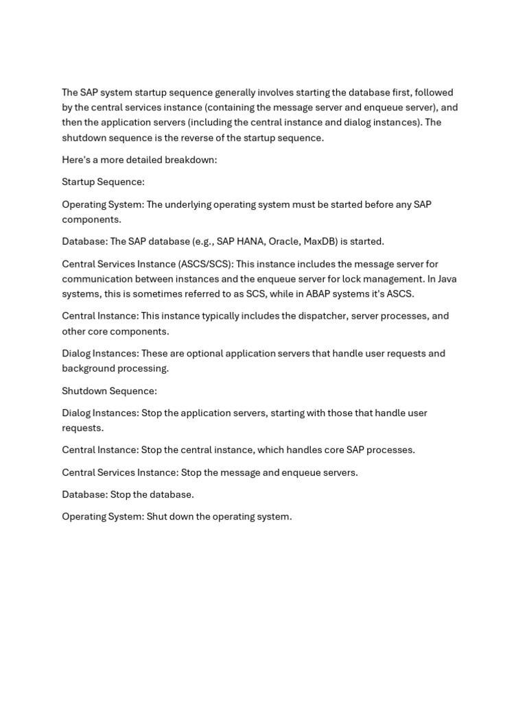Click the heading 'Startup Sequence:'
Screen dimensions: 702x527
pyautogui.click(x=103, y=182)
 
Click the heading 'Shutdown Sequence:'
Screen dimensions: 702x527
pyautogui.click(x=109, y=391)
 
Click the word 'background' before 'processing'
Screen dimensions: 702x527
pyautogui.click(x=89, y=368)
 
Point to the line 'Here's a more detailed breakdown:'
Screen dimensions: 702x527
pyautogui.click(x=139, y=160)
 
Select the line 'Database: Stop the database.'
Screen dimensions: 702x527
pyautogui.click(x=128, y=494)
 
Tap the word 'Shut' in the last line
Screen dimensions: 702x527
pyautogui.click(x=157, y=516)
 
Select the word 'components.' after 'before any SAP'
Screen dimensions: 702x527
pyautogui.click(x=91, y=219)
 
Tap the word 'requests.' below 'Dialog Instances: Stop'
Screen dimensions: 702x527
pyautogui.click(x=82, y=428)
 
